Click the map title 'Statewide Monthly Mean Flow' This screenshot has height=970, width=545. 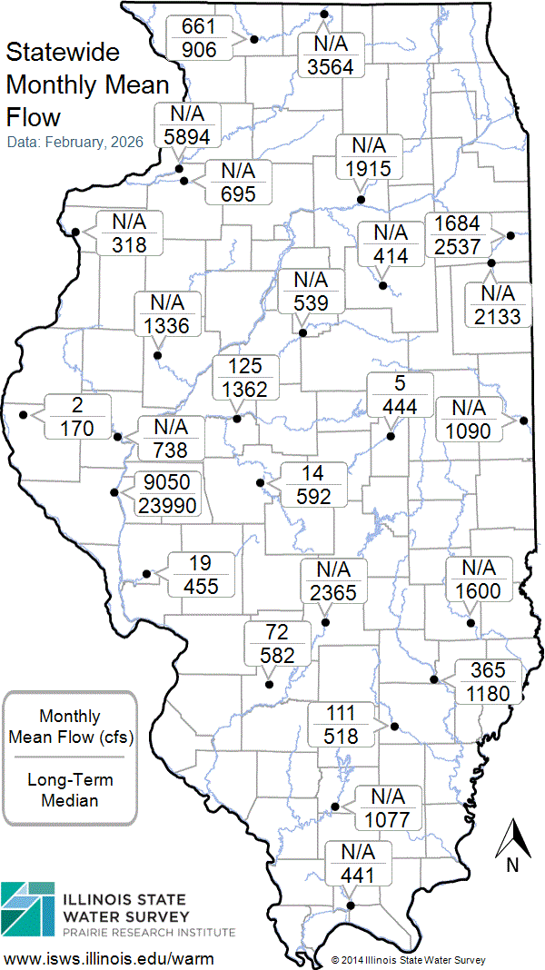(88, 84)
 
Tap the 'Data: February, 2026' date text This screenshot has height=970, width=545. (74, 143)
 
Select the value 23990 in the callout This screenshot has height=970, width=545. (166, 507)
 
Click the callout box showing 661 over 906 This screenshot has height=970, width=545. (199, 38)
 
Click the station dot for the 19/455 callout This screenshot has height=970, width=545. (147, 573)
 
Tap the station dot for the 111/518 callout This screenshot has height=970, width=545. (393, 727)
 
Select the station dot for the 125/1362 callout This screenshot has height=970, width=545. (236, 419)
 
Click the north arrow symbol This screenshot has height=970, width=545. (512, 840)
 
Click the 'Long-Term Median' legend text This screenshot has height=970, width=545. (69, 790)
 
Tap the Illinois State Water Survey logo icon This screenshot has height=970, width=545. (26, 908)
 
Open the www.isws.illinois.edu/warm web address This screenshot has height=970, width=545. (109, 958)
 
